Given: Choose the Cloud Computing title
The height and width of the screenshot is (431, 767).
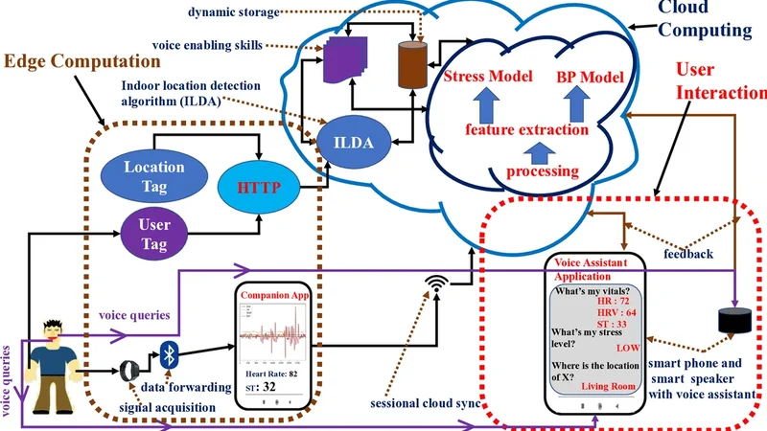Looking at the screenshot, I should click(704, 19).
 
